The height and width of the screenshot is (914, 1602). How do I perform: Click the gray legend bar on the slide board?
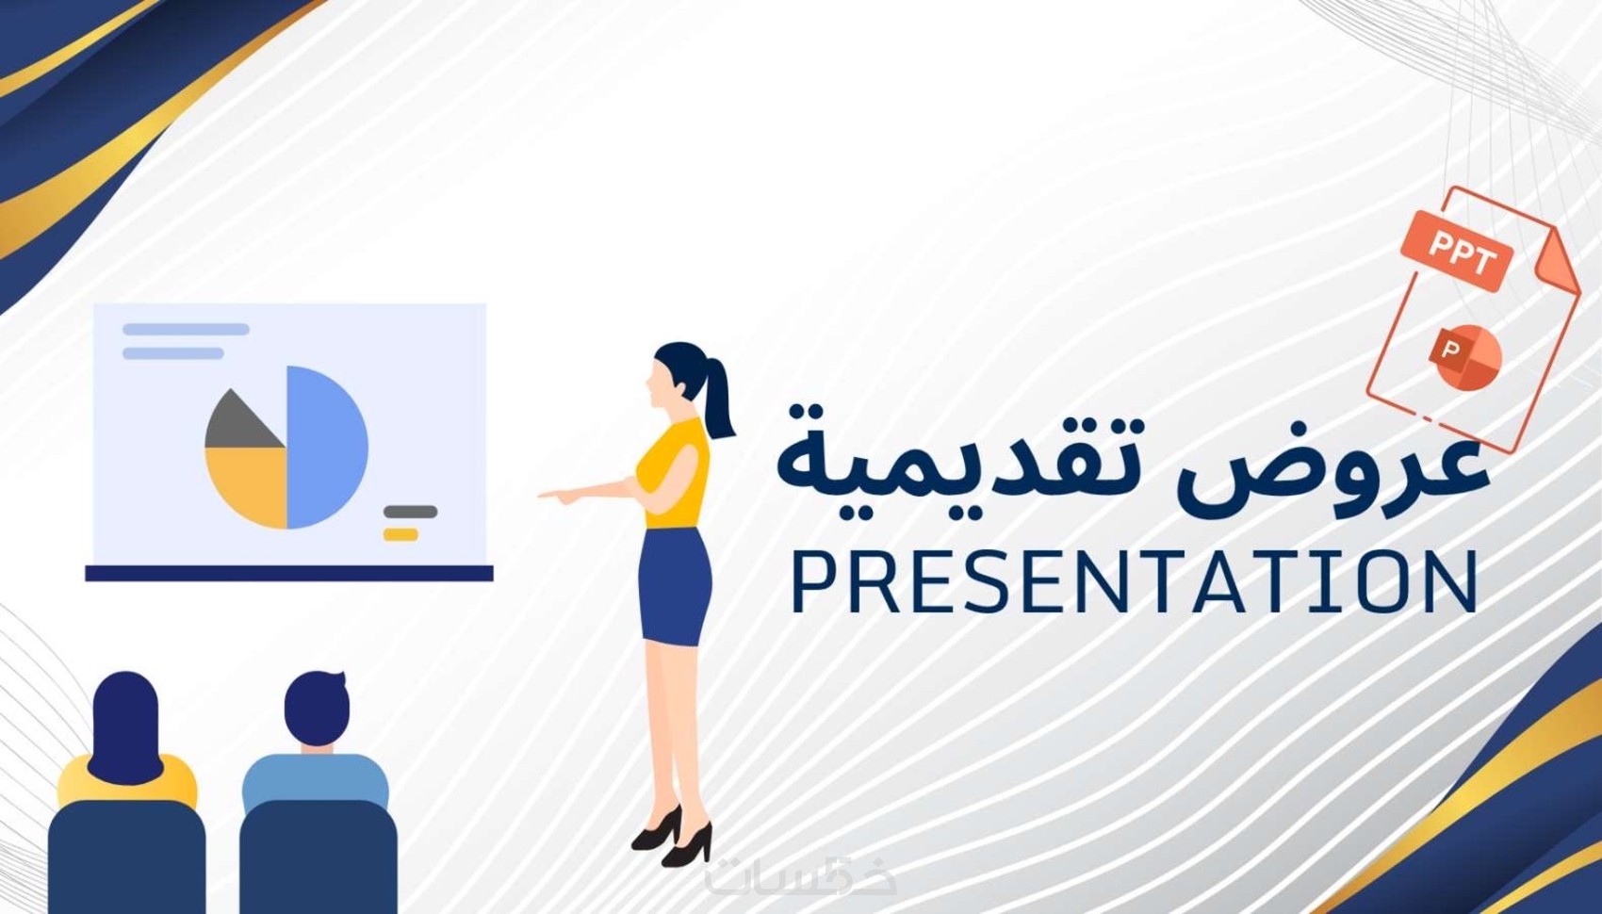click(411, 512)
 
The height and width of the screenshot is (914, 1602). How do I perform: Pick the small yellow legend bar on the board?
click(400, 534)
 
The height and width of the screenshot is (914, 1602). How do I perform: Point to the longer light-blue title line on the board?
click(186, 329)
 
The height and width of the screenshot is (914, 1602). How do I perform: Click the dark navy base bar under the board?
click(289, 573)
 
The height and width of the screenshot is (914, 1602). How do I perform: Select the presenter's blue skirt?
click(675, 586)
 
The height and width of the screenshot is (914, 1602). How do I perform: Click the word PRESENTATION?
click(1135, 580)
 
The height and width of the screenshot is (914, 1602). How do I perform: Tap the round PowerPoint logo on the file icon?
click(1465, 357)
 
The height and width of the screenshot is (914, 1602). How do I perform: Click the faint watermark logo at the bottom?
click(801, 875)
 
